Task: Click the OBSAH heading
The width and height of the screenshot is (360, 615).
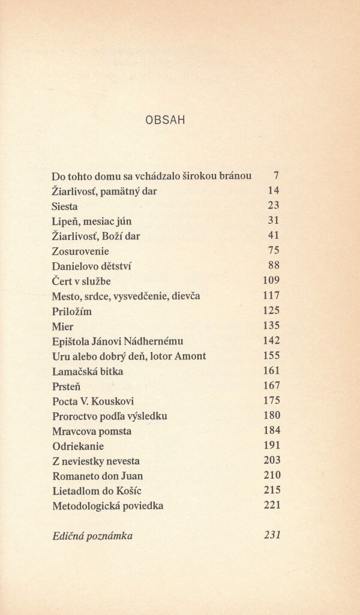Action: coord(164,120)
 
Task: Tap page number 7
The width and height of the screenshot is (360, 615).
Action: coord(276,176)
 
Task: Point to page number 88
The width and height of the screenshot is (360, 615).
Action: coord(274,266)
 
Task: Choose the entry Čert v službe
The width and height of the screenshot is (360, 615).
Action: coord(82,281)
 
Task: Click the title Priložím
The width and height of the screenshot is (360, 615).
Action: coord(72,311)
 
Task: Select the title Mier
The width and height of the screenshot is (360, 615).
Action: coord(62,326)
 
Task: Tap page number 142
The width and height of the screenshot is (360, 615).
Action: coord(272,341)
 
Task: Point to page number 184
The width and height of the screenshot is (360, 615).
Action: coord(272,431)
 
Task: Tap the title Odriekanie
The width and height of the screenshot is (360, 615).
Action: coord(78,446)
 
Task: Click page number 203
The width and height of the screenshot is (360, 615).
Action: coord(272,461)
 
